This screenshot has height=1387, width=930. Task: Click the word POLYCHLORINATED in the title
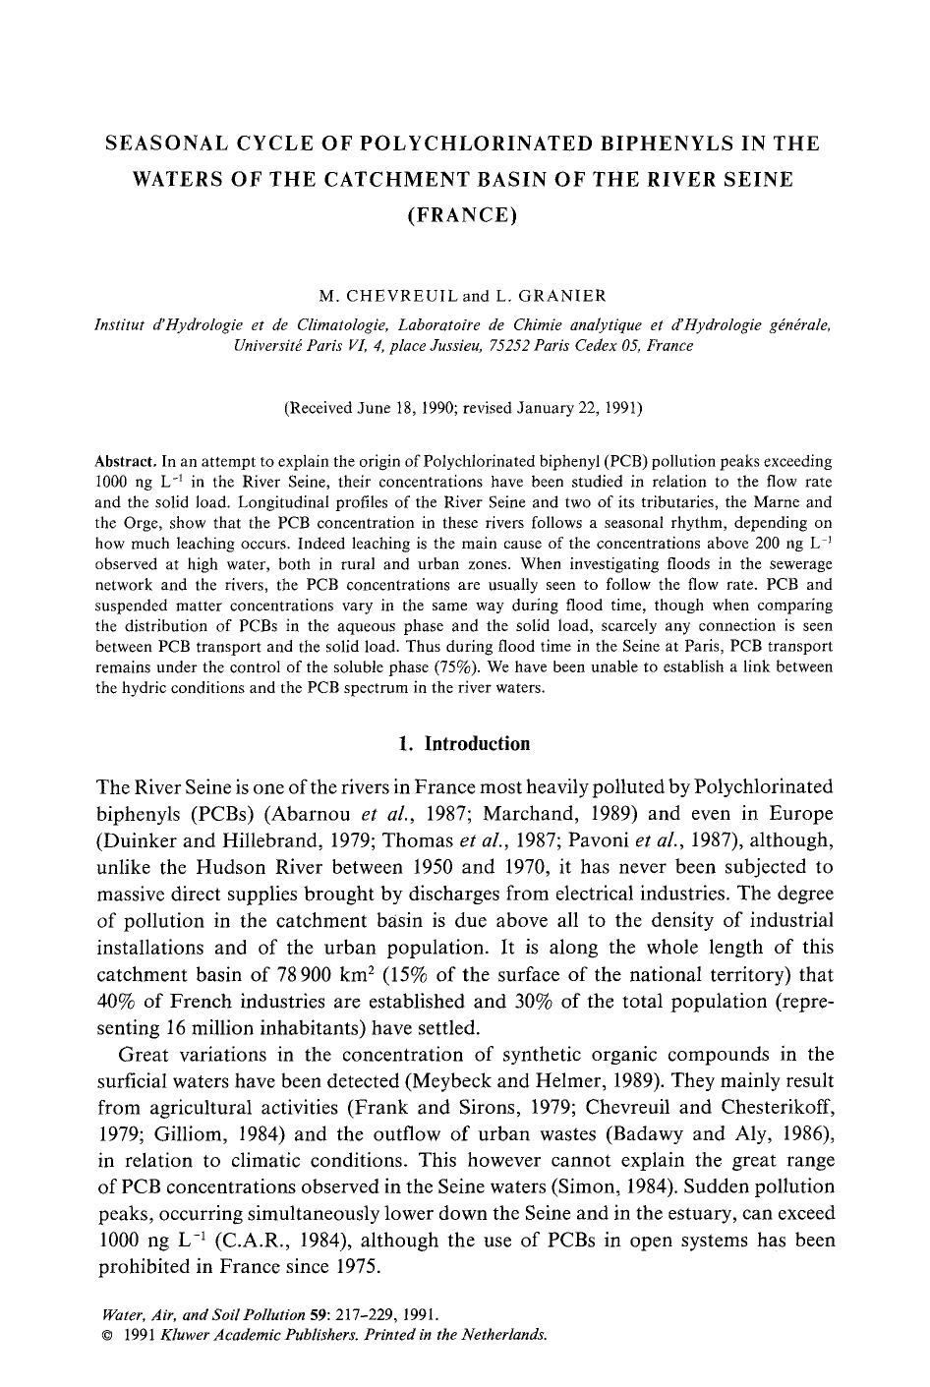461,144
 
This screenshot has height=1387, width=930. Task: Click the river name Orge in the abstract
141,523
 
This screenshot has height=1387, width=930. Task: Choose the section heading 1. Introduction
464,743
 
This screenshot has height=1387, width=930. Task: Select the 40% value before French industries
120,1002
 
